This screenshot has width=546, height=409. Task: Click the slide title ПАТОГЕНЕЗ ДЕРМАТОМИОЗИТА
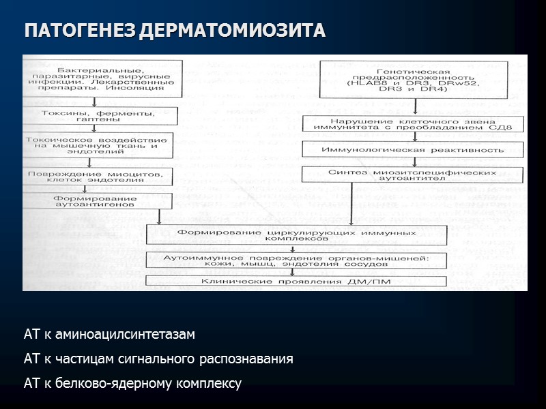175,31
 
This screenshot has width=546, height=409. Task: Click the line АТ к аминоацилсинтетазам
109,335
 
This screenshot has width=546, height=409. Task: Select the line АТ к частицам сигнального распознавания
158,359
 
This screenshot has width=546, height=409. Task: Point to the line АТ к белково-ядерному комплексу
132,384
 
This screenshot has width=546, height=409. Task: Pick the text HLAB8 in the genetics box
366,83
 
